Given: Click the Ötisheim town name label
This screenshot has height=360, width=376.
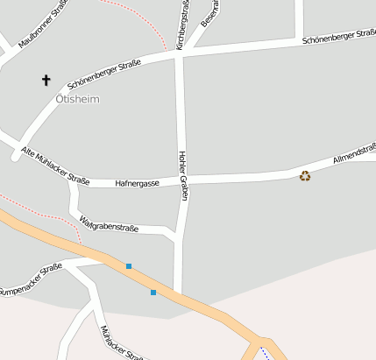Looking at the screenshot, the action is (77, 99).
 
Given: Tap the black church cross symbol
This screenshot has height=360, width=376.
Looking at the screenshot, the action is (46, 81).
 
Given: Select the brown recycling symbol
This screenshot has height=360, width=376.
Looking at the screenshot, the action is (305, 175).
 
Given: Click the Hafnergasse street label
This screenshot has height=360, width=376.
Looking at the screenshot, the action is (137, 183).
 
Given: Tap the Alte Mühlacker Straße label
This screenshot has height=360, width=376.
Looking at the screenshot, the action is (55, 166).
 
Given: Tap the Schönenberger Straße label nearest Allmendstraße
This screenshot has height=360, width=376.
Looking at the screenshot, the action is (338, 37).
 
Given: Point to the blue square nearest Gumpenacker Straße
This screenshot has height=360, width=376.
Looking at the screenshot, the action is (129, 265).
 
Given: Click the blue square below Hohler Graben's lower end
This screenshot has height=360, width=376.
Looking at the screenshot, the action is (153, 292).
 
